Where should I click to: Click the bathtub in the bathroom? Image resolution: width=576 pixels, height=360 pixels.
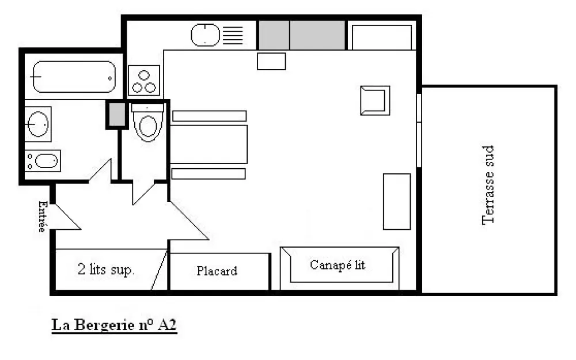click(x=74, y=77)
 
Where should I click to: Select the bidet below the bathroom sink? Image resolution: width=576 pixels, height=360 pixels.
click(x=43, y=161)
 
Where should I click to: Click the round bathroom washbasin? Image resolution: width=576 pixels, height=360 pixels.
click(x=38, y=124)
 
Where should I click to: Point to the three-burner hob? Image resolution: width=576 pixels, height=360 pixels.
click(x=144, y=81)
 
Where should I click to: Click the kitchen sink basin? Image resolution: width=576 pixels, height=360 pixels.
click(x=206, y=35)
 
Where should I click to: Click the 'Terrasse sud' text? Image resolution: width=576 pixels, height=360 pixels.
click(x=488, y=185)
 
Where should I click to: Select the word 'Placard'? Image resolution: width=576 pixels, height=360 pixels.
click(x=217, y=271)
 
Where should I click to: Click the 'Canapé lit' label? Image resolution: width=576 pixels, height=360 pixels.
click(x=338, y=265)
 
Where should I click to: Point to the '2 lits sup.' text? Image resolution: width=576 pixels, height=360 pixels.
click(x=106, y=270)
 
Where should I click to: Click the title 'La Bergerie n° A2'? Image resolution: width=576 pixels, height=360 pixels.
click(x=114, y=325)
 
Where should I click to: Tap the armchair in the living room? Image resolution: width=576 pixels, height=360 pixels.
click(x=375, y=101)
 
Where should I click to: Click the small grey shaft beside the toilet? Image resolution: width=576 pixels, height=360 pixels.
click(x=117, y=114)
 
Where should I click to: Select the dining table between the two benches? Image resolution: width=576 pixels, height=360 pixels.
click(x=209, y=145)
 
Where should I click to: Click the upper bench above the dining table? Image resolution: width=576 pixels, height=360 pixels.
click(x=210, y=116)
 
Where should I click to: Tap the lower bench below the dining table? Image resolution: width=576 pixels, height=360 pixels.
click(x=209, y=174)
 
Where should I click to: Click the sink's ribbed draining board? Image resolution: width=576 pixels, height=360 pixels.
click(x=233, y=35)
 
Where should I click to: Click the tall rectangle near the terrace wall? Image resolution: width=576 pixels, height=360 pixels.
click(x=397, y=202)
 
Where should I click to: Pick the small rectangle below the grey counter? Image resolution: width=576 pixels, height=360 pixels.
click(x=271, y=62)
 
